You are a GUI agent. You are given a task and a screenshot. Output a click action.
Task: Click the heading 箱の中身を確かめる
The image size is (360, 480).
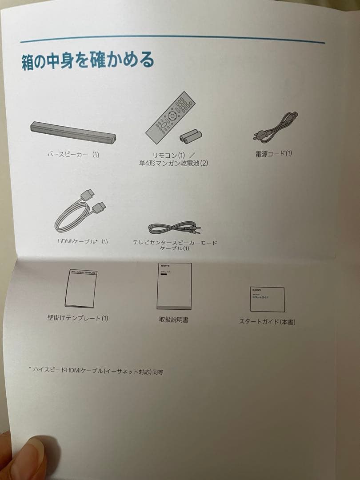(x=88, y=60)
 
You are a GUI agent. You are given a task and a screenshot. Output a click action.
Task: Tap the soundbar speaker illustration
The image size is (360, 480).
(x=73, y=132)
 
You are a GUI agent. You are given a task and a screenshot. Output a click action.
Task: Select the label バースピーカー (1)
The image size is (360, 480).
(x=73, y=155)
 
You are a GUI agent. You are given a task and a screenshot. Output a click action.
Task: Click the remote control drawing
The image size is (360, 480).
(x=170, y=118)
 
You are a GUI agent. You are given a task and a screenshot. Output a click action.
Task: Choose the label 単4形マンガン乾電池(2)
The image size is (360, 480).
(x=173, y=163)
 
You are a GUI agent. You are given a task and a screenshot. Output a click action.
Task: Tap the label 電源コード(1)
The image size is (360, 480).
(x=274, y=154)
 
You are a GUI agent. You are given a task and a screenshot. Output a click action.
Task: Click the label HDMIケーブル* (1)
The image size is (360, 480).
(x=83, y=241)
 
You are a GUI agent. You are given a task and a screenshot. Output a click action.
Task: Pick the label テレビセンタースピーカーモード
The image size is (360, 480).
(x=175, y=243)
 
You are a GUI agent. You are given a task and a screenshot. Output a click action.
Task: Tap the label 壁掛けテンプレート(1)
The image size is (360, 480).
(x=78, y=318)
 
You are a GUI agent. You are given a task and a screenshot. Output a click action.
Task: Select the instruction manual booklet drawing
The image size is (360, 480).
(x=174, y=287)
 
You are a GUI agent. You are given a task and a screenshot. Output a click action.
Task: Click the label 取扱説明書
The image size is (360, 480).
(x=173, y=319)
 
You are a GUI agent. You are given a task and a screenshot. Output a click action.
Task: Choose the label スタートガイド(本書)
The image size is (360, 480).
(x=267, y=322)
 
